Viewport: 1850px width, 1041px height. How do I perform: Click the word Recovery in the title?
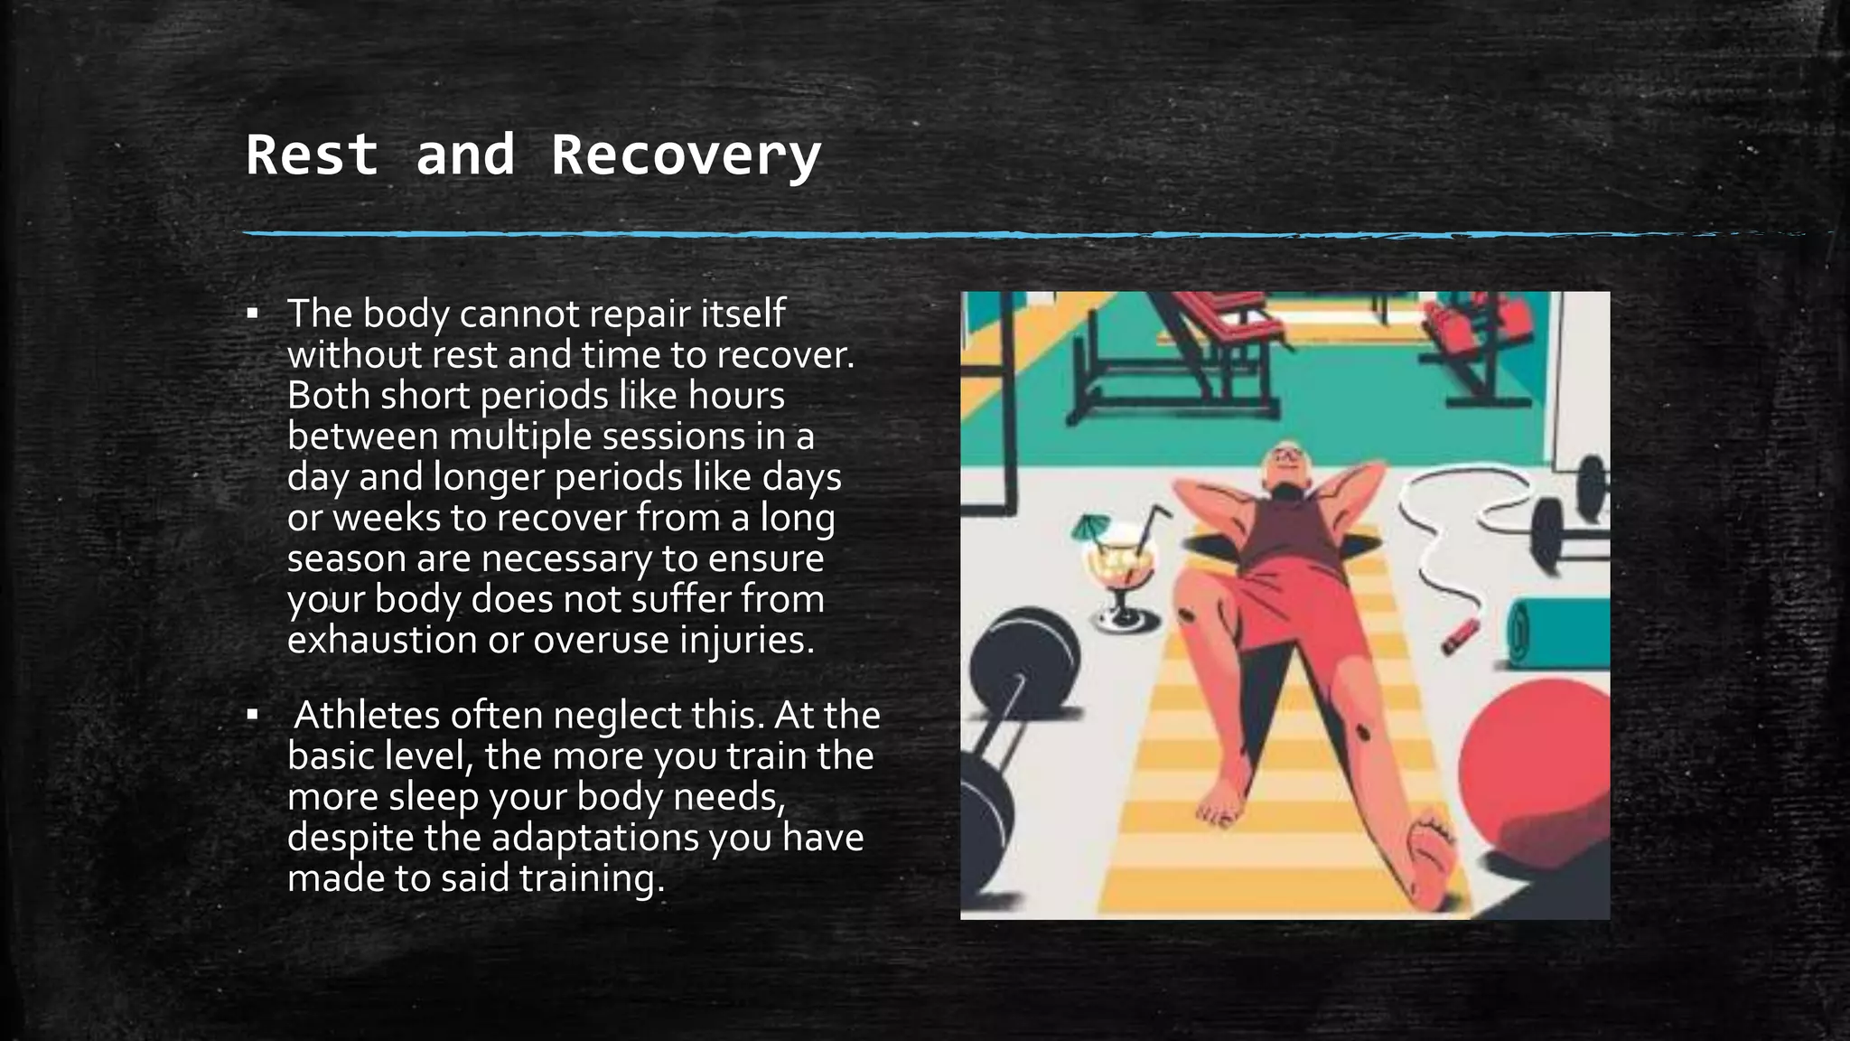pyautogui.click(x=686, y=155)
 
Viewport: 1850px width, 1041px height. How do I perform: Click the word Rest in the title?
pyautogui.click(x=312, y=155)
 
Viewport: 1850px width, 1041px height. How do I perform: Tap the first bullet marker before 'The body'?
pyautogui.click(x=253, y=314)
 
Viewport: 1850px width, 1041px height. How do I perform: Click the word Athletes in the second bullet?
pyautogui.click(x=366, y=715)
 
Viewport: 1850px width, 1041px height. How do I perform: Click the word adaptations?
pyautogui.click(x=594, y=838)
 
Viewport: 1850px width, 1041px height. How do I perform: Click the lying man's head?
pyautogui.click(x=1283, y=465)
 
